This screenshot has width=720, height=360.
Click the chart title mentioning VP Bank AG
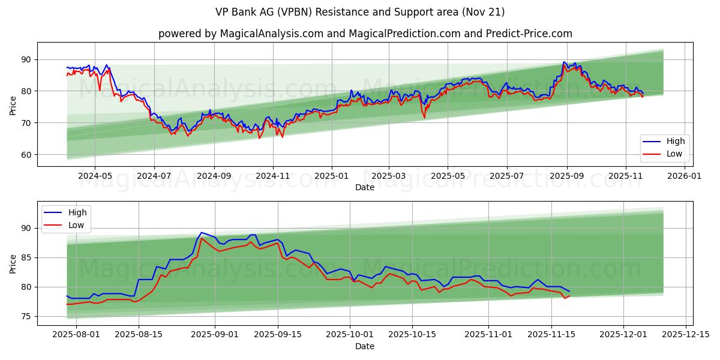(360, 12)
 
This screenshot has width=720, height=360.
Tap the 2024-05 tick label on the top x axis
(95, 176)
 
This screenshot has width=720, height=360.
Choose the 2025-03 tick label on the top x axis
(389, 176)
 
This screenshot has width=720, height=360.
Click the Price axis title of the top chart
(13, 104)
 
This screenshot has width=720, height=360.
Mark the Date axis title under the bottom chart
(364, 346)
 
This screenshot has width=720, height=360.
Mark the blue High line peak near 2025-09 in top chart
(564, 62)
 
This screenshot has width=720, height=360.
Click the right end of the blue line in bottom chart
(569, 292)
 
